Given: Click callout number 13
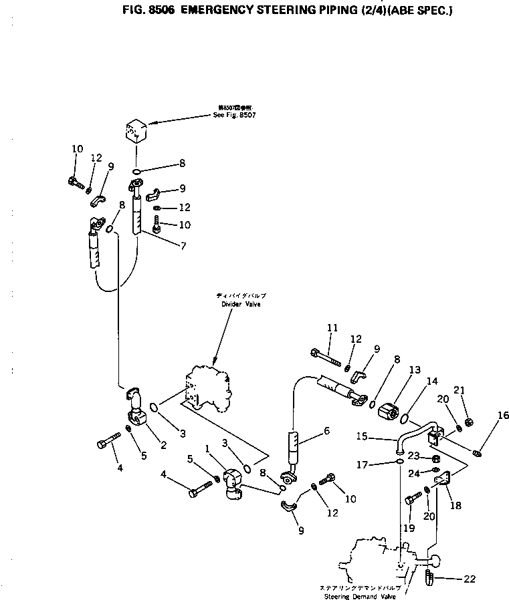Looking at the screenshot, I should click(414, 369).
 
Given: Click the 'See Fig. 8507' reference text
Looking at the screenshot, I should click(234, 114).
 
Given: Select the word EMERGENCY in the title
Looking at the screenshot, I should click(212, 10).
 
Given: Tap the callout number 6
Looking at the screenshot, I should click(326, 431).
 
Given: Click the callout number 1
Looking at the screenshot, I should click(207, 448).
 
